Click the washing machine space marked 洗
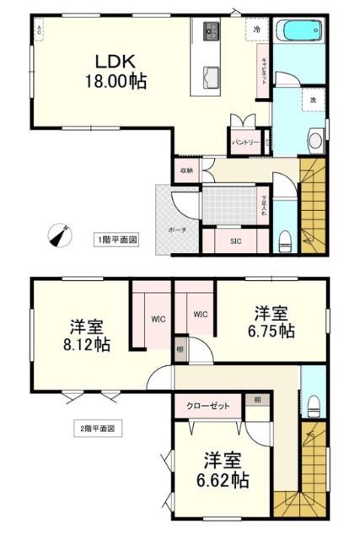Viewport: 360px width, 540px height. (312, 100)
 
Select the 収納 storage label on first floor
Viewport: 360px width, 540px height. (186, 170)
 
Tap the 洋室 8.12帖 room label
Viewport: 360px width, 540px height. (85, 336)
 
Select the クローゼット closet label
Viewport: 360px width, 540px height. (208, 406)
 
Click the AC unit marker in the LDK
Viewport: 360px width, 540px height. (39, 30)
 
